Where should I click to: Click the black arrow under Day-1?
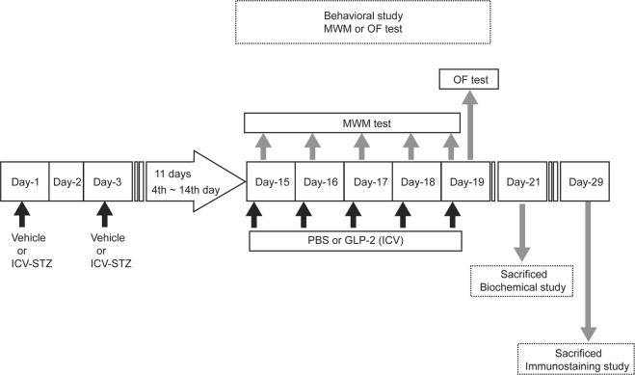click(24, 213)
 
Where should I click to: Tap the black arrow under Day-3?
click(117, 213)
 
